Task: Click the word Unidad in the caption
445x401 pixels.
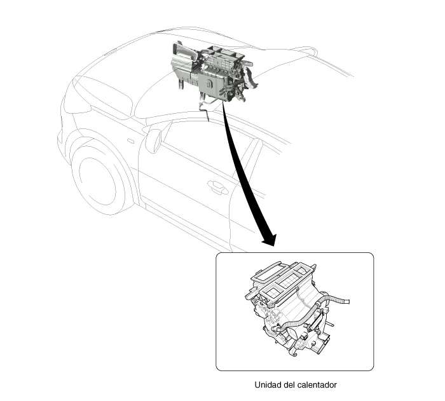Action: tap(268, 384)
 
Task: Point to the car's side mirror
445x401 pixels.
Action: tap(153, 140)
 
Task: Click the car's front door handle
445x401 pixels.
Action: tap(218, 187)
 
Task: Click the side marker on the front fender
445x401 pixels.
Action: tap(130, 140)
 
